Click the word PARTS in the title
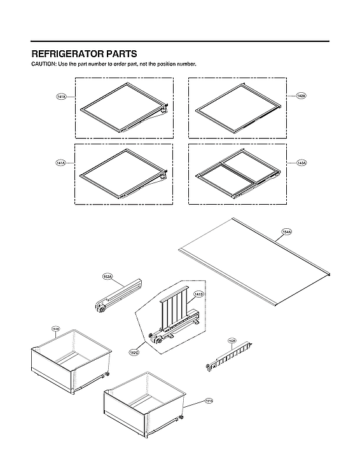pos(120,54)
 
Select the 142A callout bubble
pos(301,95)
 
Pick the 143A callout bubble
pos(301,163)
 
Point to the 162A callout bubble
pos(107,277)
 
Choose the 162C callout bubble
pos(134,352)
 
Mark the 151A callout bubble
pos(55,329)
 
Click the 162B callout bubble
pos(232,341)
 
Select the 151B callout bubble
pos(209,401)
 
